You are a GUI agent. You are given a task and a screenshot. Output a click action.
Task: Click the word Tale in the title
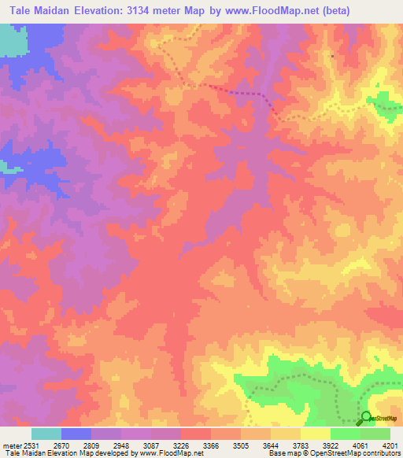click(24, 10)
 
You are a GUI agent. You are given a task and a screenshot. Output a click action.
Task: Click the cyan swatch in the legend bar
click(46, 434)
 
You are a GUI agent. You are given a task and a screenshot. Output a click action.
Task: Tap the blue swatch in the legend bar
click(76, 434)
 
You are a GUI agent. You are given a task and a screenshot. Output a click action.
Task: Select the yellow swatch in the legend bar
click(316, 434)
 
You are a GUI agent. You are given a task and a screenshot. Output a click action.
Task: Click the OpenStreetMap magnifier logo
click(365, 418)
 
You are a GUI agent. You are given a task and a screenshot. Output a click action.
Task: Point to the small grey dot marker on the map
click(333, 56)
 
